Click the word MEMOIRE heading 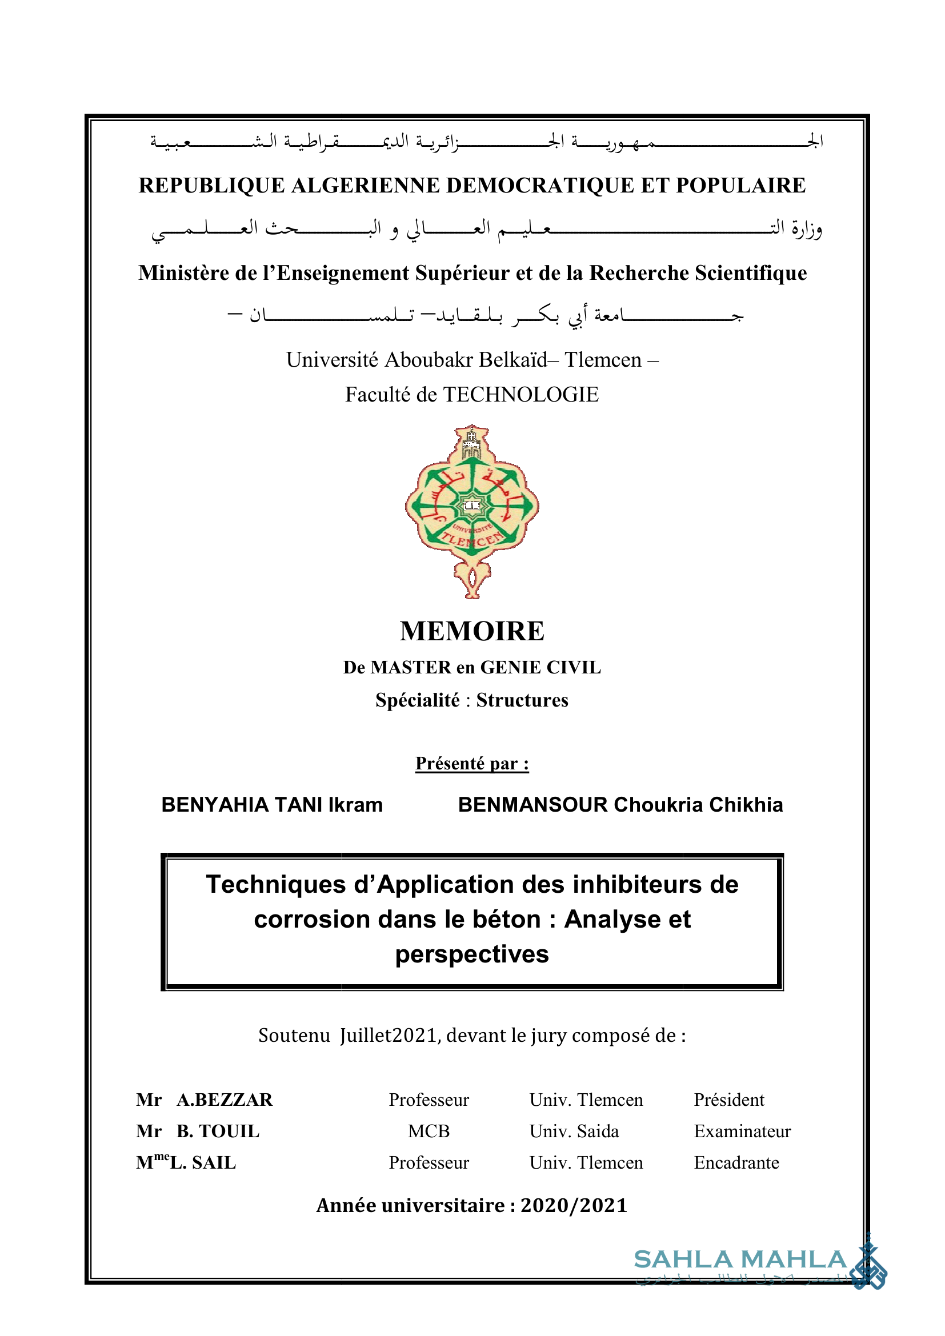pyautogui.click(x=471, y=631)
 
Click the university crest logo pyautogui.click(x=472, y=511)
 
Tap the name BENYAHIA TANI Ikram pyautogui.click(x=272, y=805)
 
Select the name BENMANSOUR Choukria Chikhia pyautogui.click(x=620, y=805)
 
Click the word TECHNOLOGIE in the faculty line pyautogui.click(x=521, y=395)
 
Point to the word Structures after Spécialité pyautogui.click(x=522, y=700)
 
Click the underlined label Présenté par pyautogui.click(x=471, y=764)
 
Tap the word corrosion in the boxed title pyautogui.click(x=312, y=920)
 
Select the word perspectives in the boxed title pyautogui.click(x=472, y=954)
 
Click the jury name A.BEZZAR pyautogui.click(x=225, y=1100)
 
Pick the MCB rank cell pyautogui.click(x=429, y=1131)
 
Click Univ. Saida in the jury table pyautogui.click(x=574, y=1131)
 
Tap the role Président pyautogui.click(x=728, y=1100)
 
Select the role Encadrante pyautogui.click(x=736, y=1162)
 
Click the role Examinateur pyautogui.click(x=742, y=1131)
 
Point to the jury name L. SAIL pyautogui.click(x=203, y=1162)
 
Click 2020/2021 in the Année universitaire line pyautogui.click(x=574, y=1206)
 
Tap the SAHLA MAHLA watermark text pyautogui.click(x=739, y=1259)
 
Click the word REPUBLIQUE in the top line pyautogui.click(x=211, y=186)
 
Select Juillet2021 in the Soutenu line pyautogui.click(x=389, y=1036)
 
